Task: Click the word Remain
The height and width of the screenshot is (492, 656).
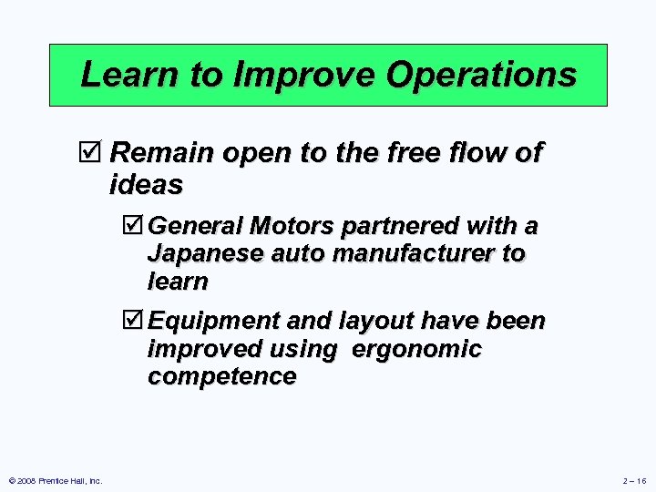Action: click(x=159, y=153)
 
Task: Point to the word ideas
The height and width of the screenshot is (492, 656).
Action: click(x=146, y=185)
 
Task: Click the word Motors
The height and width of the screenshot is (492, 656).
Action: click(x=292, y=225)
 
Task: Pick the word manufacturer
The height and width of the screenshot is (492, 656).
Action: click(x=415, y=252)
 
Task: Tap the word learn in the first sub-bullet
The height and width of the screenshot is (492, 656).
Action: click(x=177, y=281)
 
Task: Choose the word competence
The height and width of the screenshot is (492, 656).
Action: click(x=220, y=376)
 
